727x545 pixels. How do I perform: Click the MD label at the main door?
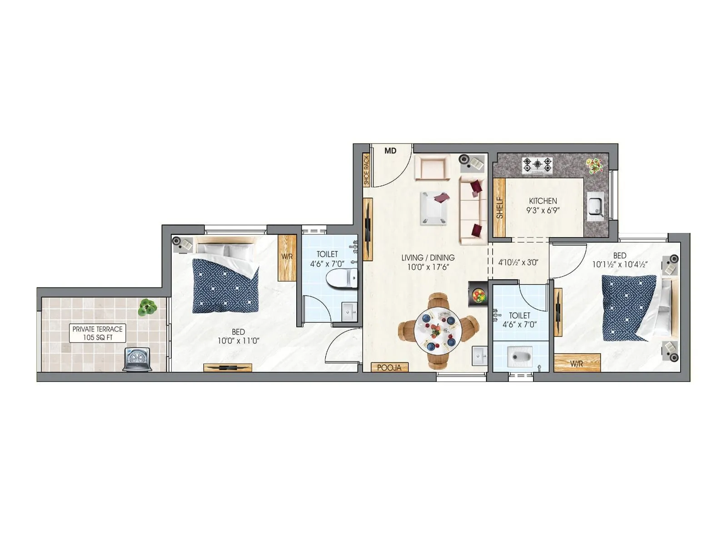[390, 151]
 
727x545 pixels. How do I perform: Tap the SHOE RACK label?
[367, 170]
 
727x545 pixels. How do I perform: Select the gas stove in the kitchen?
[538, 165]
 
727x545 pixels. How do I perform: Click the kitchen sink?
[595, 207]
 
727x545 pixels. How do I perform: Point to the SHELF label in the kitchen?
[500, 208]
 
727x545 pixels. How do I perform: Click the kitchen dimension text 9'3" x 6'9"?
[543, 210]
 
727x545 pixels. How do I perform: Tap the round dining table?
[438, 331]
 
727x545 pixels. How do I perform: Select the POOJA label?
[389, 367]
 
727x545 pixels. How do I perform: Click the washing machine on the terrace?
[137, 360]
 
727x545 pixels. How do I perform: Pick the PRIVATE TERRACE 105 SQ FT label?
[98, 333]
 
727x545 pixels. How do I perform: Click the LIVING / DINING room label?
[428, 258]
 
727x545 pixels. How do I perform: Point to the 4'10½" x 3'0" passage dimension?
[518, 262]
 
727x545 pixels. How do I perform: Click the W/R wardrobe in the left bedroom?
[287, 257]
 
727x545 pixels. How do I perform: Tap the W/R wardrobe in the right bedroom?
[577, 363]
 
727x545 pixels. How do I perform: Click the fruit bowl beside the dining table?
[478, 295]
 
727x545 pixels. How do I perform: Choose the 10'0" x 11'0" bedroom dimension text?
[238, 341]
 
